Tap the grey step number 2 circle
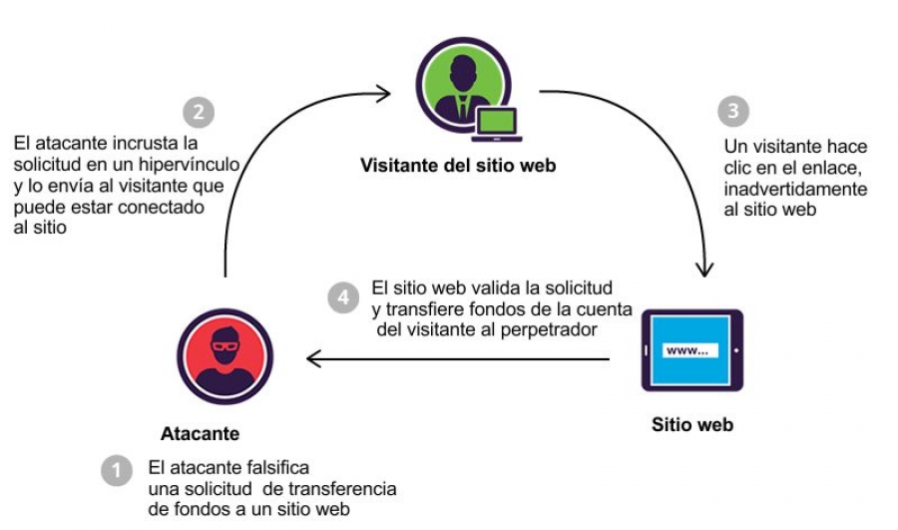pos(199,112)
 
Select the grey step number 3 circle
pos(734,111)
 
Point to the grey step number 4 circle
pos(343,296)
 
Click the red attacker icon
pos(224,356)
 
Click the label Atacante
pos(200,434)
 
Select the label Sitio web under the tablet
pos(692,424)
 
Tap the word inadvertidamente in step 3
pos(795,190)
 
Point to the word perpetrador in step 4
pos(561,326)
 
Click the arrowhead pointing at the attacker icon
pos(312,358)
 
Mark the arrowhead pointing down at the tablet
pos(706,268)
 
